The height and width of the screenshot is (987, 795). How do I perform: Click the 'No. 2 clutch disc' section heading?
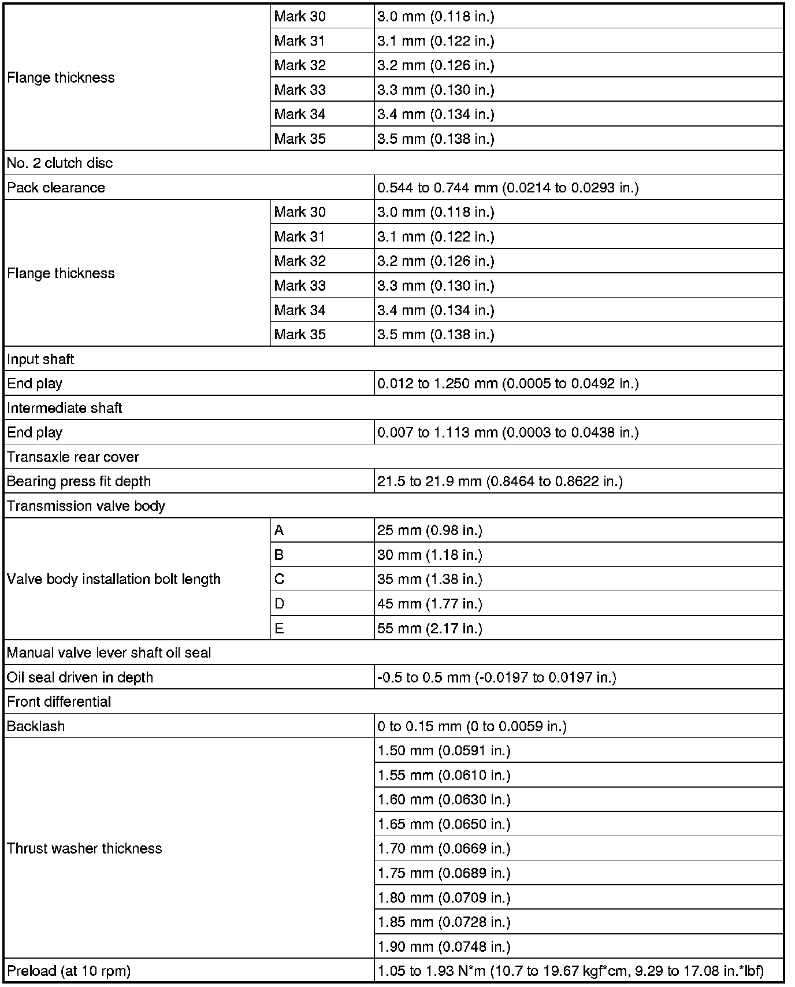(x=60, y=164)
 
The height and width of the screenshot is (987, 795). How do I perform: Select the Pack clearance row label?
(x=56, y=188)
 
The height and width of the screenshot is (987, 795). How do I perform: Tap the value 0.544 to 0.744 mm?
(x=508, y=188)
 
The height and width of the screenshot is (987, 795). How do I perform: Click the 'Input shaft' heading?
(x=40, y=359)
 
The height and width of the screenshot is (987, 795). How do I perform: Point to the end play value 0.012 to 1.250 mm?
(x=508, y=384)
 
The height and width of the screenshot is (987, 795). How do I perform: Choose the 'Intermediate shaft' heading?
(x=65, y=409)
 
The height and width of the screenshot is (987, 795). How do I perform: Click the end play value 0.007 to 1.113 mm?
(x=508, y=433)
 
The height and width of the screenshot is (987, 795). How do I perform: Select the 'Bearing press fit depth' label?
(x=79, y=481)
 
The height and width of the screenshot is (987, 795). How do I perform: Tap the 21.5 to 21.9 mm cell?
(x=500, y=481)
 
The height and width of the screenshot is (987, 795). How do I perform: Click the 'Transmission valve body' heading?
(x=86, y=506)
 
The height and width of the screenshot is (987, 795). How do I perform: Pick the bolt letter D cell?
(x=280, y=604)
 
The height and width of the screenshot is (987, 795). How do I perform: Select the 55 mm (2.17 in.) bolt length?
(x=430, y=629)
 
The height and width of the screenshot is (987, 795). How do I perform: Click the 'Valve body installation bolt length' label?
(x=114, y=580)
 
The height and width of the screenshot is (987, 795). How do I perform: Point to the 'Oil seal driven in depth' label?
(x=80, y=677)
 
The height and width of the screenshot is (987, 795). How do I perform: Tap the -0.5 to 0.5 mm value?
(x=497, y=677)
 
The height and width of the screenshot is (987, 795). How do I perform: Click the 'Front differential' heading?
(x=59, y=702)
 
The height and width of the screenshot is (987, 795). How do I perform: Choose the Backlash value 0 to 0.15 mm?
(x=471, y=726)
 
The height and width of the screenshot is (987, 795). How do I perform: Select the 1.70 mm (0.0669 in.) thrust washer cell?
(x=444, y=849)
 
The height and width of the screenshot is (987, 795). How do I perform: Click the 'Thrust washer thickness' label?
(x=84, y=849)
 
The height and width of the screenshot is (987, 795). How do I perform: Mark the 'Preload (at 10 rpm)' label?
(x=69, y=971)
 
